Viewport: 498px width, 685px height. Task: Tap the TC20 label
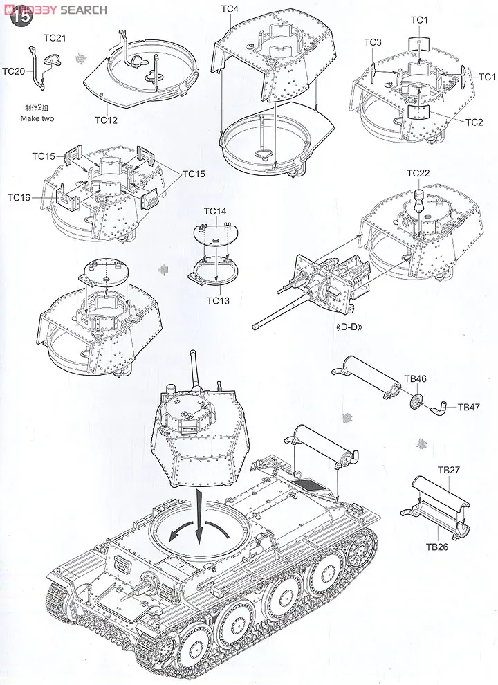coord(14,71)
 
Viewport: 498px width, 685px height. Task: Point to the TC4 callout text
coord(230,8)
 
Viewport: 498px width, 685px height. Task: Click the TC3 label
coord(373,43)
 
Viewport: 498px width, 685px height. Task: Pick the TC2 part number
coord(474,122)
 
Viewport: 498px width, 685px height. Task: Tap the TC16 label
coord(19,197)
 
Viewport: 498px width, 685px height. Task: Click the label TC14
coord(215,210)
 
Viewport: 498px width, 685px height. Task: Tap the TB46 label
coord(415,379)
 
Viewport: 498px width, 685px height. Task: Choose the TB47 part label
coord(469,407)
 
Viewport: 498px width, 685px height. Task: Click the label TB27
coord(448,470)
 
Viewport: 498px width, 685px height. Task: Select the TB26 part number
coord(438,547)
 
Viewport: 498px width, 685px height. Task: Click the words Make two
coord(38,118)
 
